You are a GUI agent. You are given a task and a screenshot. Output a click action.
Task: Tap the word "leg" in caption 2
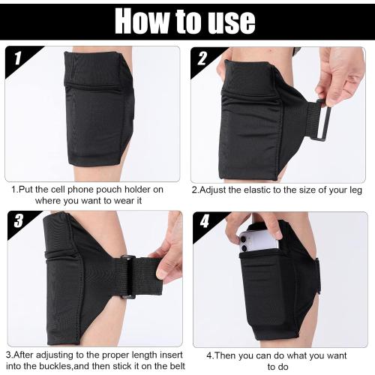pyautogui.click(x=354, y=190)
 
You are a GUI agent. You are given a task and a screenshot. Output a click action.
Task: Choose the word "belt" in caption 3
pyautogui.click(x=173, y=367)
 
